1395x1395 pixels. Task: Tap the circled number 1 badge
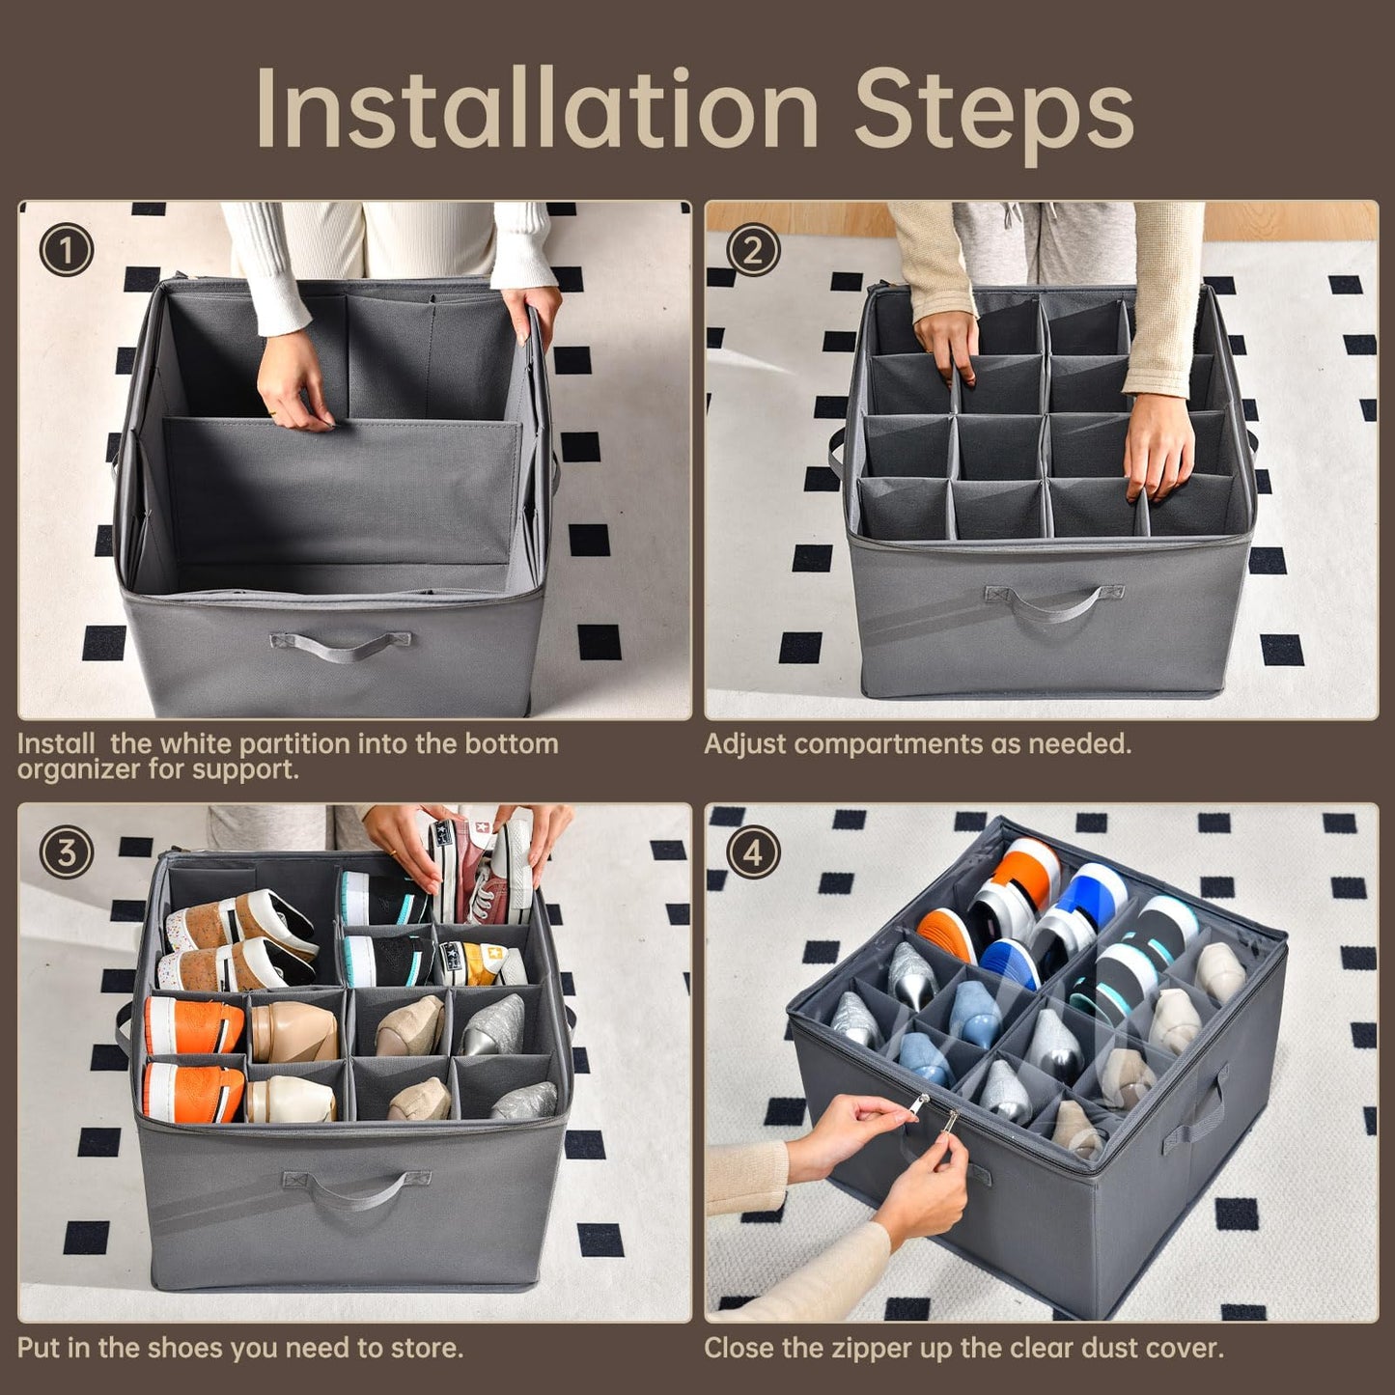pyautogui.click(x=66, y=251)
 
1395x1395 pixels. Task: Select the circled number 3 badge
pyautogui.click(x=66, y=853)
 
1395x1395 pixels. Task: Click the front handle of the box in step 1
pyautogui.click(x=340, y=644)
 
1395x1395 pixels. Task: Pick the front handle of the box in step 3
pyautogui.click(x=356, y=1187)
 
